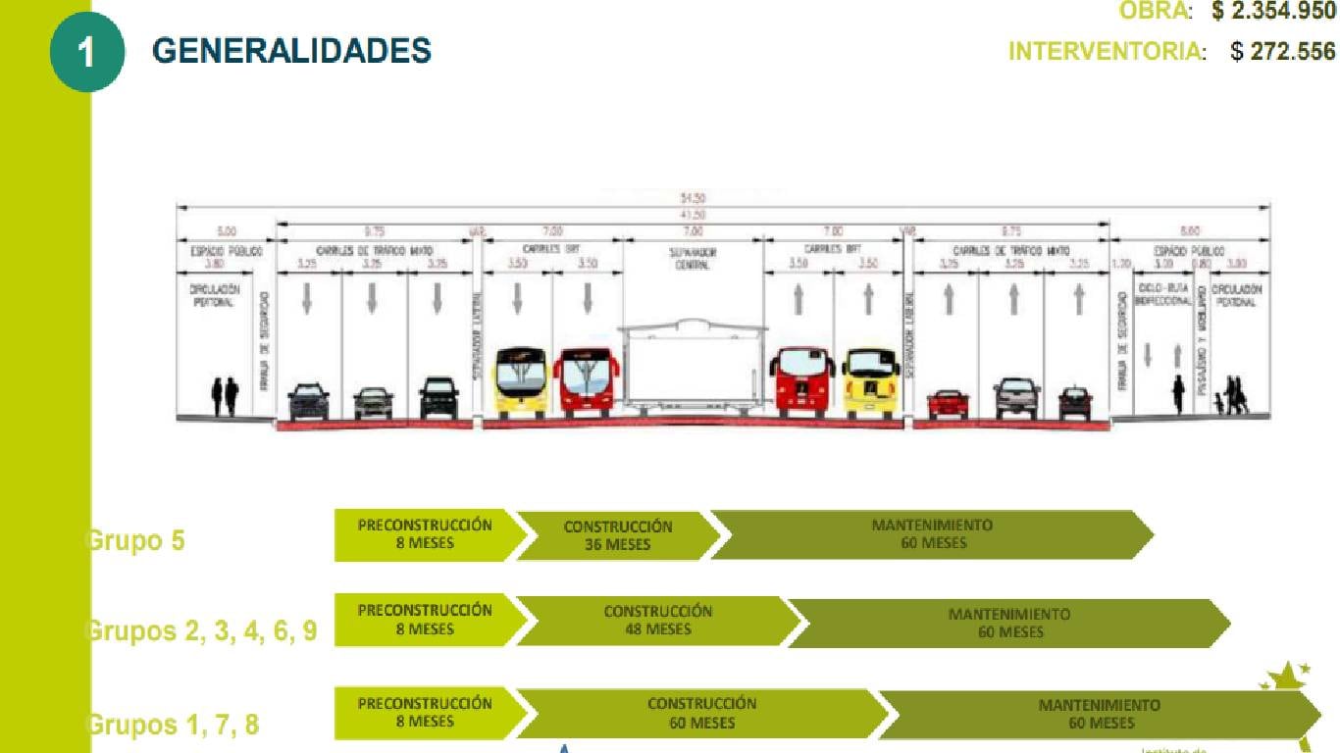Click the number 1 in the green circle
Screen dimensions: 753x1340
click(86, 52)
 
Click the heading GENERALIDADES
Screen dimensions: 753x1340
click(291, 51)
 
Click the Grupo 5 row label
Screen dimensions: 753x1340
click(136, 540)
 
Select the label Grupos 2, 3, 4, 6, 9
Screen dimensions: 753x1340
click(202, 630)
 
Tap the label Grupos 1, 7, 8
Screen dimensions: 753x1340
click(174, 726)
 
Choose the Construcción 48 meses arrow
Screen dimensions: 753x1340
click(657, 620)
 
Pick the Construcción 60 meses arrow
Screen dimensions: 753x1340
click(701, 713)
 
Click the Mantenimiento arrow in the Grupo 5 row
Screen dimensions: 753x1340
click(932, 534)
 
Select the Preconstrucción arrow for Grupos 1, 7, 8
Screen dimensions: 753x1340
click(425, 713)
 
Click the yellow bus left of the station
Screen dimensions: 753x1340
click(521, 382)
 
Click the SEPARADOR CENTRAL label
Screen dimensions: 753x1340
click(694, 259)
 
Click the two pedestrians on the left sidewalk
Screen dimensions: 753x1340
click(226, 396)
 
